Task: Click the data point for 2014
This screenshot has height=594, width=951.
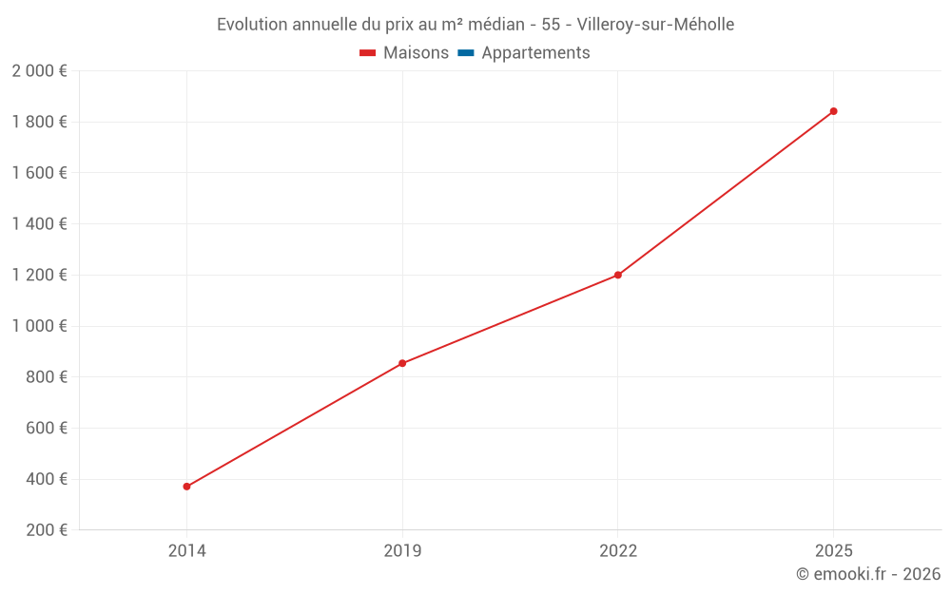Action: pyautogui.click(x=186, y=487)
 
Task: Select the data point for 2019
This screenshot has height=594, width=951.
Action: pyautogui.click(x=402, y=363)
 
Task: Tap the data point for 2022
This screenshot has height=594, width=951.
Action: pyautogui.click(x=618, y=275)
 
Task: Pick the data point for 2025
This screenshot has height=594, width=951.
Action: pyautogui.click(x=834, y=111)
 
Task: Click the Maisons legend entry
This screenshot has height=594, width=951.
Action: pyautogui.click(x=416, y=53)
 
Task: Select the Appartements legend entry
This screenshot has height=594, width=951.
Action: pyautogui.click(x=535, y=53)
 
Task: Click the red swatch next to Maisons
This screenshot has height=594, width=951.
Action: pyautogui.click(x=368, y=53)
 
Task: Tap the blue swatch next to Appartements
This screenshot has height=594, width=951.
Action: pyautogui.click(x=466, y=53)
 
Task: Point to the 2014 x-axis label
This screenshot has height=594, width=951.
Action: pyautogui.click(x=186, y=550)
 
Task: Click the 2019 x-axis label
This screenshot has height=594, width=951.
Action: pyautogui.click(x=402, y=550)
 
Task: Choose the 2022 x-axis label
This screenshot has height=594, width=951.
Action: pyautogui.click(x=618, y=550)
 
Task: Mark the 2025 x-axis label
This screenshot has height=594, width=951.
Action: pyautogui.click(x=834, y=550)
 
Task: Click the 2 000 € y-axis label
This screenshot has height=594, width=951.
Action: pyautogui.click(x=39, y=71)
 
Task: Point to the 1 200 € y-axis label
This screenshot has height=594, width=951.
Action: pyautogui.click(x=39, y=276)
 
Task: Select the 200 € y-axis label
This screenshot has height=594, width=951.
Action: pyautogui.click(x=45, y=530)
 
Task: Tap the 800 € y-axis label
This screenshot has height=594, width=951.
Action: pyautogui.click(x=45, y=377)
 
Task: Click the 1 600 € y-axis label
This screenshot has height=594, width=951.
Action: pyautogui.click(x=39, y=173)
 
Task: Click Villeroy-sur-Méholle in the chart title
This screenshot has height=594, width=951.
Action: pyautogui.click(x=655, y=25)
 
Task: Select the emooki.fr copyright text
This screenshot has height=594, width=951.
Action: pyautogui.click(x=868, y=574)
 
